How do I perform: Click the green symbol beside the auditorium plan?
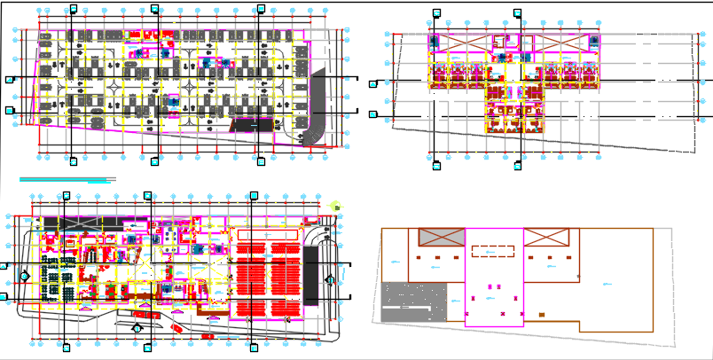click(336, 207)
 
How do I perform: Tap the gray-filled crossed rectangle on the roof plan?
click(441, 237)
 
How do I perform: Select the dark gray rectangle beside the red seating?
click(310, 275)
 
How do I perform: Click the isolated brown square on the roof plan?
click(541, 314)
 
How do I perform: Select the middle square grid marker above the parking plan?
click(154, 9)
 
